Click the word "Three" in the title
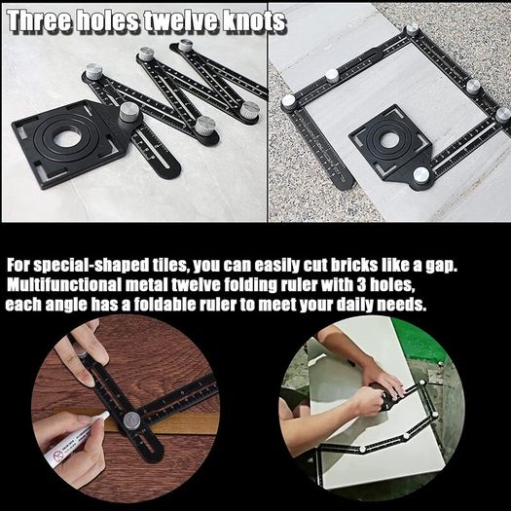click(40, 20)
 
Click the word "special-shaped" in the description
click(91, 267)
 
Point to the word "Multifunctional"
click(64, 285)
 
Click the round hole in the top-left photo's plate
click(67, 138)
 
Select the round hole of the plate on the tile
click(389, 139)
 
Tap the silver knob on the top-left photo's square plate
click(129, 113)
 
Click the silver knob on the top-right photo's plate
click(421, 175)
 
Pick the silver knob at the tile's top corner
click(412, 28)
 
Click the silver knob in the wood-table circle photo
click(131, 420)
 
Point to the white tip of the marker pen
click(104, 415)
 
